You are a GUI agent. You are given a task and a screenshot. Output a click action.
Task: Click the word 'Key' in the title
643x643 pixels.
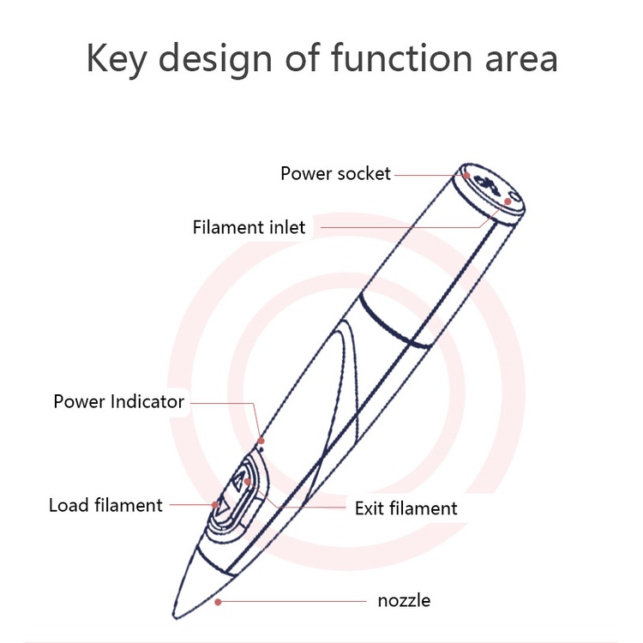click(117, 59)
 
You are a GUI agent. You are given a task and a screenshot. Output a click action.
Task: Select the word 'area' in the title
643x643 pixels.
click(521, 60)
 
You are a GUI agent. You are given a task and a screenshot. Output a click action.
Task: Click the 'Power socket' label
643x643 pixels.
click(335, 173)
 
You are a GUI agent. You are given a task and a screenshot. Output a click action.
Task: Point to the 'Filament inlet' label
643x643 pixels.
click(249, 227)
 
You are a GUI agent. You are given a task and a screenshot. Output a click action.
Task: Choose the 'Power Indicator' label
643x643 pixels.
click(119, 401)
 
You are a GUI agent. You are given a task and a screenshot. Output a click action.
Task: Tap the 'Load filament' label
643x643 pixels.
click(105, 505)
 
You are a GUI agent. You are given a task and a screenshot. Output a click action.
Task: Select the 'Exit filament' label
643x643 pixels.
click(406, 508)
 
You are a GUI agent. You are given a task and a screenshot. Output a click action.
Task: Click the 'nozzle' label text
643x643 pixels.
click(404, 601)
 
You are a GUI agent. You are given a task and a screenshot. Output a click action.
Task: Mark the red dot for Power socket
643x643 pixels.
click(466, 176)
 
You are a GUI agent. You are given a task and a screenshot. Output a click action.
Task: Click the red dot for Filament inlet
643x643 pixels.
click(508, 201)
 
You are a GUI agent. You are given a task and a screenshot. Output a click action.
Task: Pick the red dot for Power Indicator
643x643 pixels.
click(261, 441)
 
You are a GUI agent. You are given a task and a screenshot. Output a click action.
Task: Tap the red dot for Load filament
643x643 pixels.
click(215, 505)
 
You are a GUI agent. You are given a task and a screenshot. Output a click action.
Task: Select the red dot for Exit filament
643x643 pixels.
click(247, 482)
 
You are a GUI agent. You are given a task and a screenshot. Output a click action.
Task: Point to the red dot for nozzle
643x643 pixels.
click(218, 602)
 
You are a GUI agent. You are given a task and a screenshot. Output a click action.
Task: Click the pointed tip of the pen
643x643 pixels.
click(175, 617)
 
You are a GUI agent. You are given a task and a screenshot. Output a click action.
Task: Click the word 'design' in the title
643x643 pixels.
click(215, 59)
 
